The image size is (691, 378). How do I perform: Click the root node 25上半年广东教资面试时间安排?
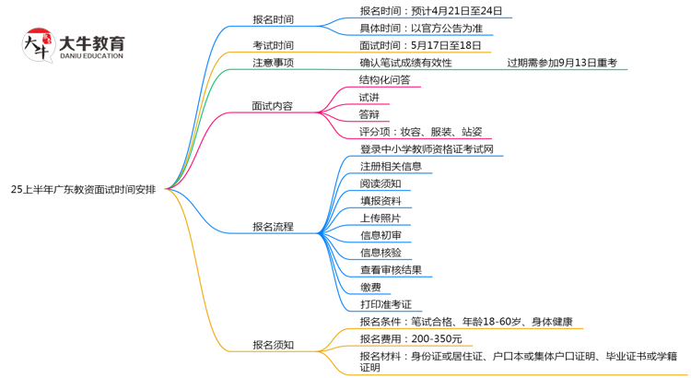coord(83,188)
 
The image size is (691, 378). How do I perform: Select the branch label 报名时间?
coord(273,19)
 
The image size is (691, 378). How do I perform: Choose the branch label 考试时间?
coord(273,45)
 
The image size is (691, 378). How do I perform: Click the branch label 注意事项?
coord(273,63)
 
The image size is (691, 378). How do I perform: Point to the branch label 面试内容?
coord(273,106)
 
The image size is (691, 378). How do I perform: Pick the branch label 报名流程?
coord(273,226)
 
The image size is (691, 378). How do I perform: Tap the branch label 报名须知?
coord(273,345)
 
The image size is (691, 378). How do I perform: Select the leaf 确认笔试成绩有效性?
coord(406,63)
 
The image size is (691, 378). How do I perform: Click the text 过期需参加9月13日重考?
coord(561,63)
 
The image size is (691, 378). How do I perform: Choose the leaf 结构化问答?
coord(384,79)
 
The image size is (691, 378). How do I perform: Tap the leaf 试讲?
coord(369,97)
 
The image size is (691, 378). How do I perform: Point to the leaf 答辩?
coord(369,114)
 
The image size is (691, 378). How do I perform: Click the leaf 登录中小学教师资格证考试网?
coord(426,148)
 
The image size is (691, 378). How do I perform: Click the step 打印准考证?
coord(385,304)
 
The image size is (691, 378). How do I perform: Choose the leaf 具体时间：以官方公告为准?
coord(420,28)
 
